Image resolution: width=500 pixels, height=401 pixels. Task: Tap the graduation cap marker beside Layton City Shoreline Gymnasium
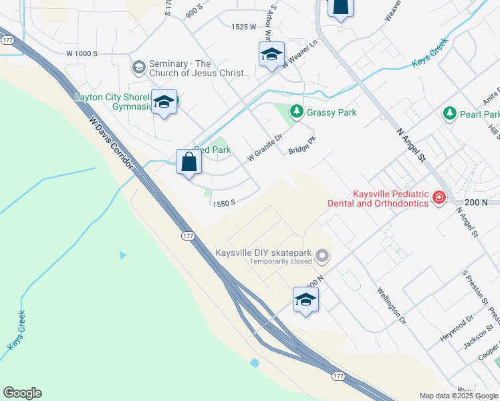click(x=164, y=102)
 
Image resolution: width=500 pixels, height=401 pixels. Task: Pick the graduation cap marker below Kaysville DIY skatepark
click(x=305, y=299)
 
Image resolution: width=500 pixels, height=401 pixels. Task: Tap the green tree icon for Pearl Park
click(x=450, y=114)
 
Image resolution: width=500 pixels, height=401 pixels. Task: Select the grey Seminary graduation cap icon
click(x=138, y=67)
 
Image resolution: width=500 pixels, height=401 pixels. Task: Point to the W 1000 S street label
click(x=82, y=53)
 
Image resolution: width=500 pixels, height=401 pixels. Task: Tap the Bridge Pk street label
click(x=301, y=145)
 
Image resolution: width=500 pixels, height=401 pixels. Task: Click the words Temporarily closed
click(x=281, y=262)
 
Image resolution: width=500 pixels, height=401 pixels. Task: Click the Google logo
click(x=22, y=393)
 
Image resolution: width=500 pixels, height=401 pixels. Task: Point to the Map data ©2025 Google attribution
click(x=459, y=396)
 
